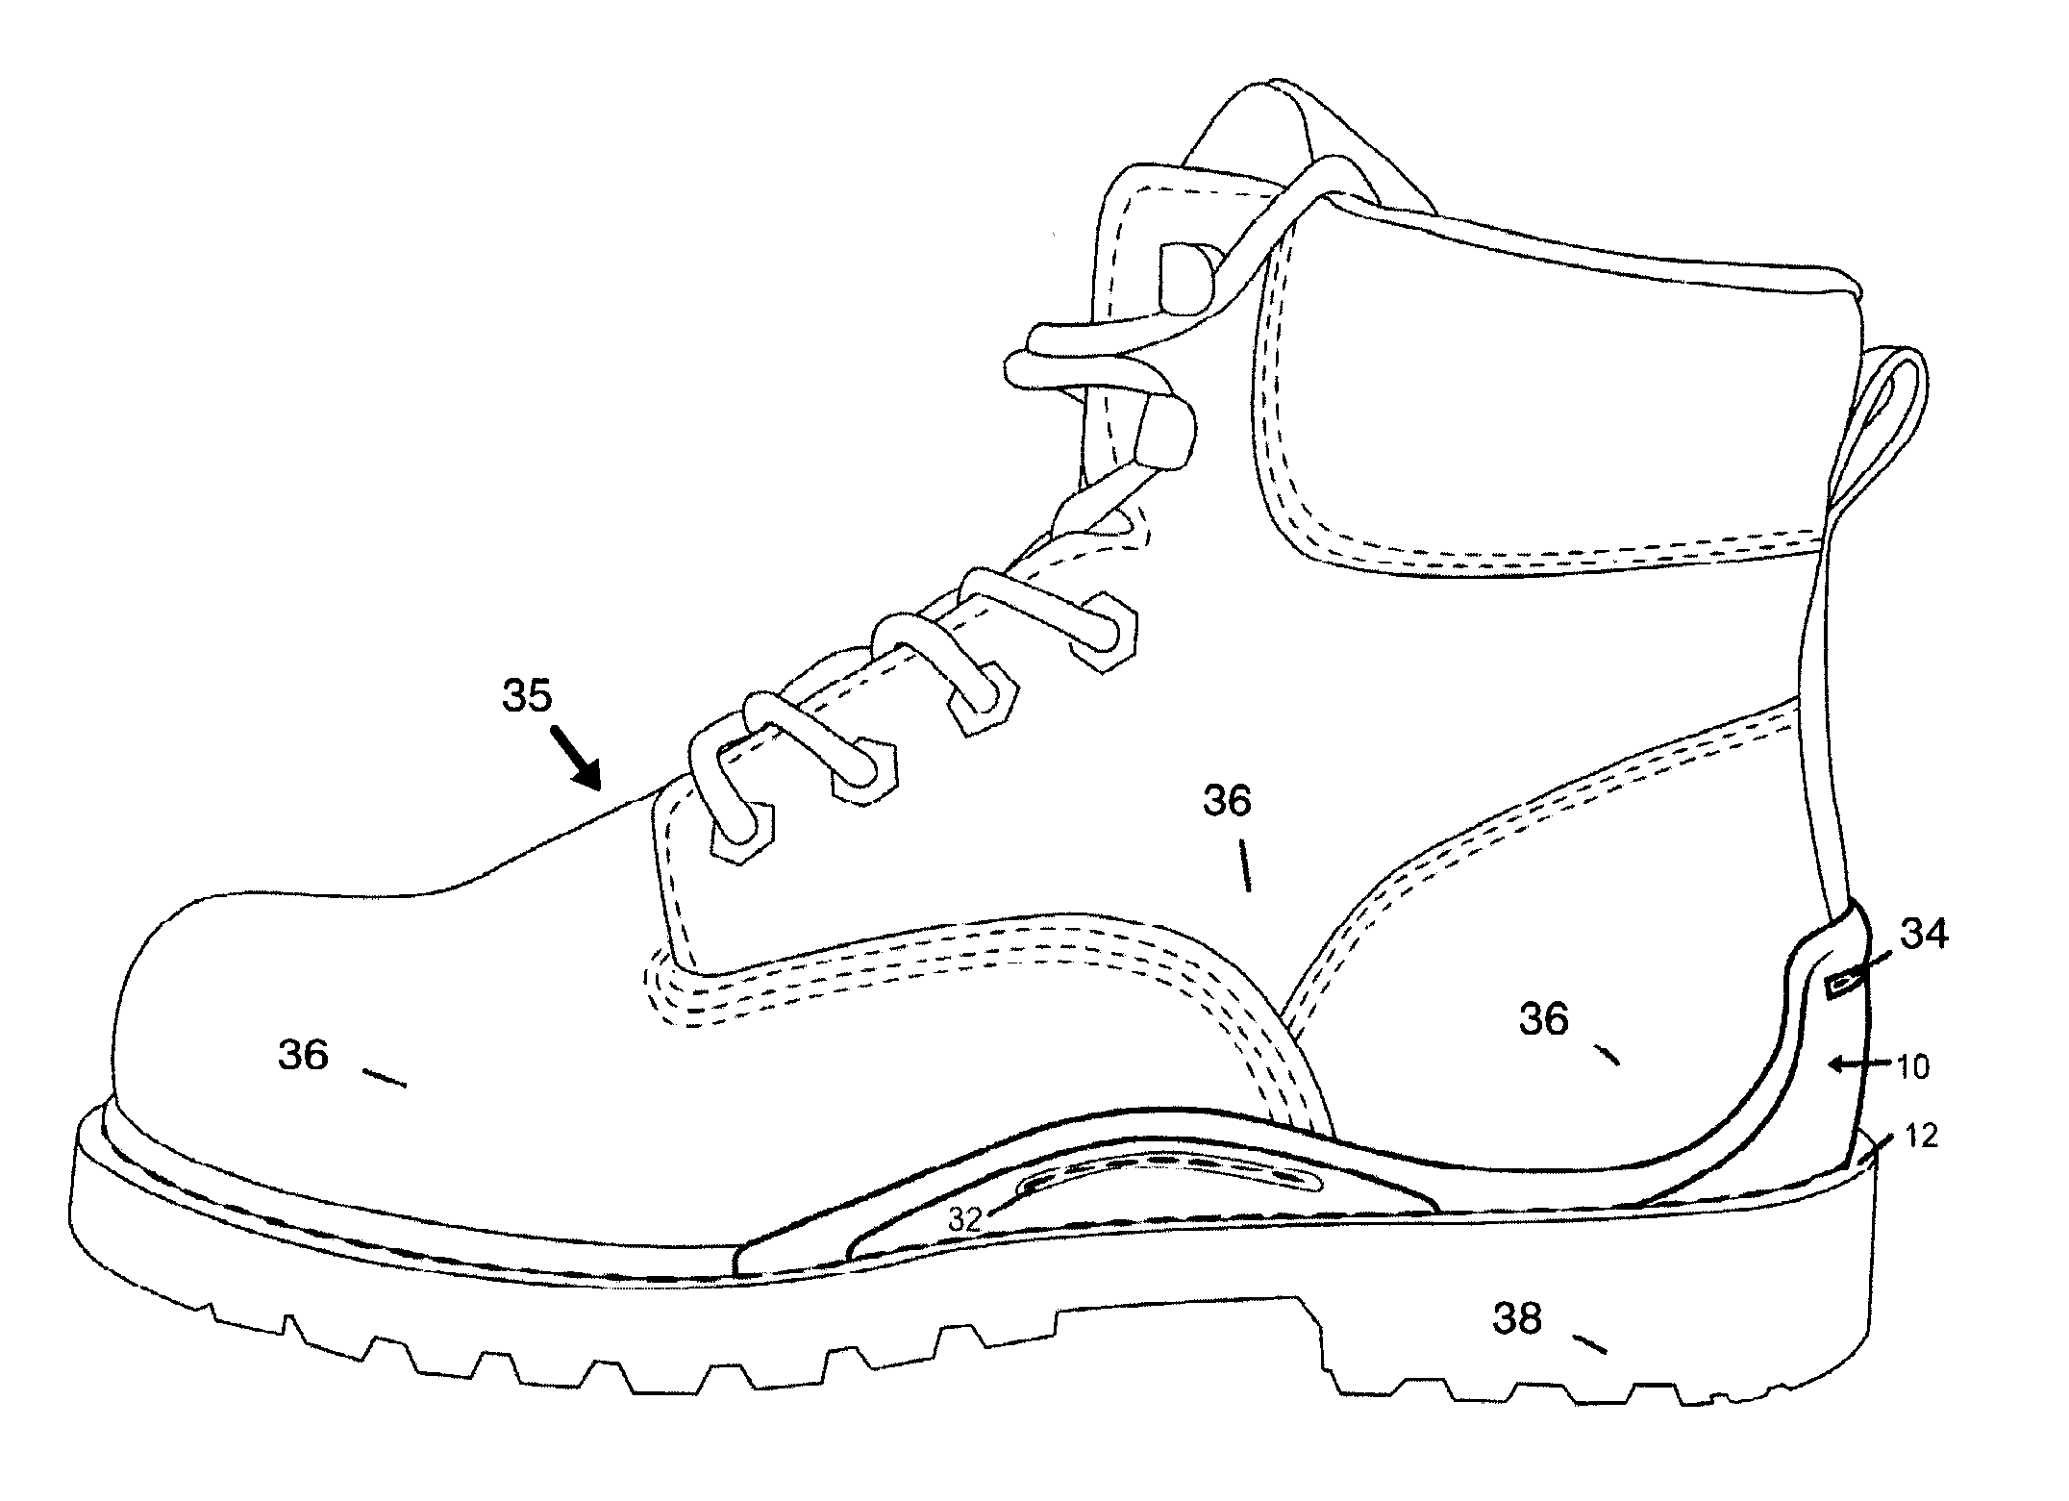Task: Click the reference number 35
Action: tap(528, 696)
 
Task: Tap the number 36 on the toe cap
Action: tap(304, 1057)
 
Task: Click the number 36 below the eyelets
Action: tap(1228, 801)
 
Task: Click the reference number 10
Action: tap(1914, 1067)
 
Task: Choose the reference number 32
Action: tap(964, 1219)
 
